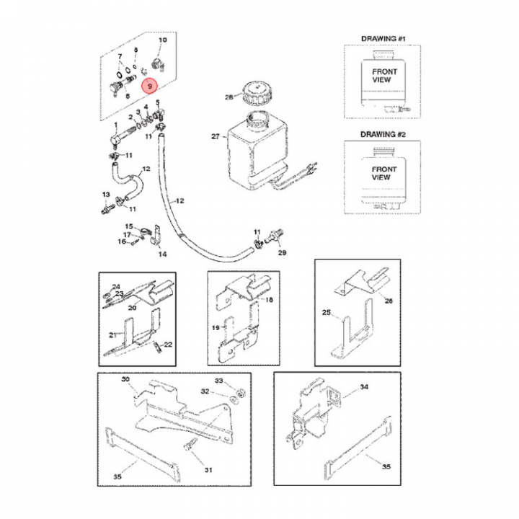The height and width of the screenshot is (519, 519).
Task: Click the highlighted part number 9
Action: point(149,86)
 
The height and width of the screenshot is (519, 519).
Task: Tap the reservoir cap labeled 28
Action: point(256,94)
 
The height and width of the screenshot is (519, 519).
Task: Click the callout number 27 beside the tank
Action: point(214,136)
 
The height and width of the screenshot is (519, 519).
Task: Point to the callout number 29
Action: point(282,253)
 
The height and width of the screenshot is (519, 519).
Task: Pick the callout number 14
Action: point(162,254)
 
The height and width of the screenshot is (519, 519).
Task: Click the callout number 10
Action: point(161,40)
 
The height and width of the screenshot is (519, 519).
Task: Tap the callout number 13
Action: point(105,195)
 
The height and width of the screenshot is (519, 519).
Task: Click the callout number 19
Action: point(216,327)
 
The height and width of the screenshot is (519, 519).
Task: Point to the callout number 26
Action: point(389,301)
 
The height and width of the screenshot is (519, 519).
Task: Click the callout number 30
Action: point(125,379)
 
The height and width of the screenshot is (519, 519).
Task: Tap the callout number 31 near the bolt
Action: point(208,470)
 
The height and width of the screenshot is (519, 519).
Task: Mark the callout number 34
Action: point(364,387)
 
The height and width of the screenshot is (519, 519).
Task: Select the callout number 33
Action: point(220,380)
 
